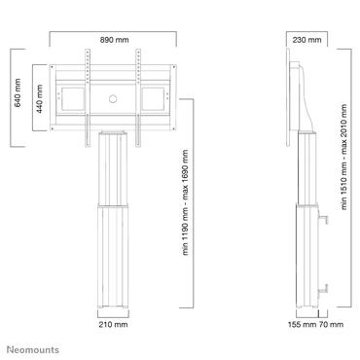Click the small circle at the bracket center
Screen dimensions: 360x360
(x=113, y=97)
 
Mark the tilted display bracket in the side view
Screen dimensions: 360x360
(x=301, y=97)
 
